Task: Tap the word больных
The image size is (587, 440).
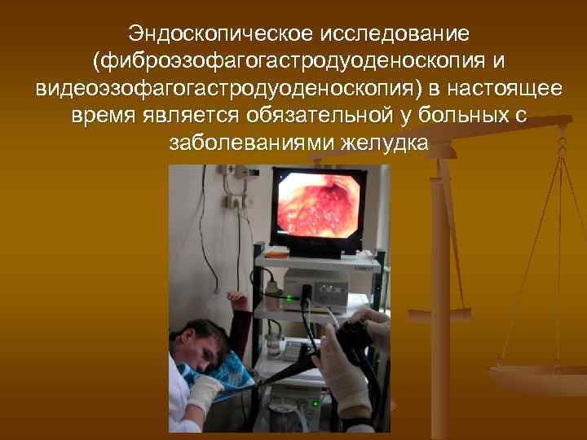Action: click(453, 116)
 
